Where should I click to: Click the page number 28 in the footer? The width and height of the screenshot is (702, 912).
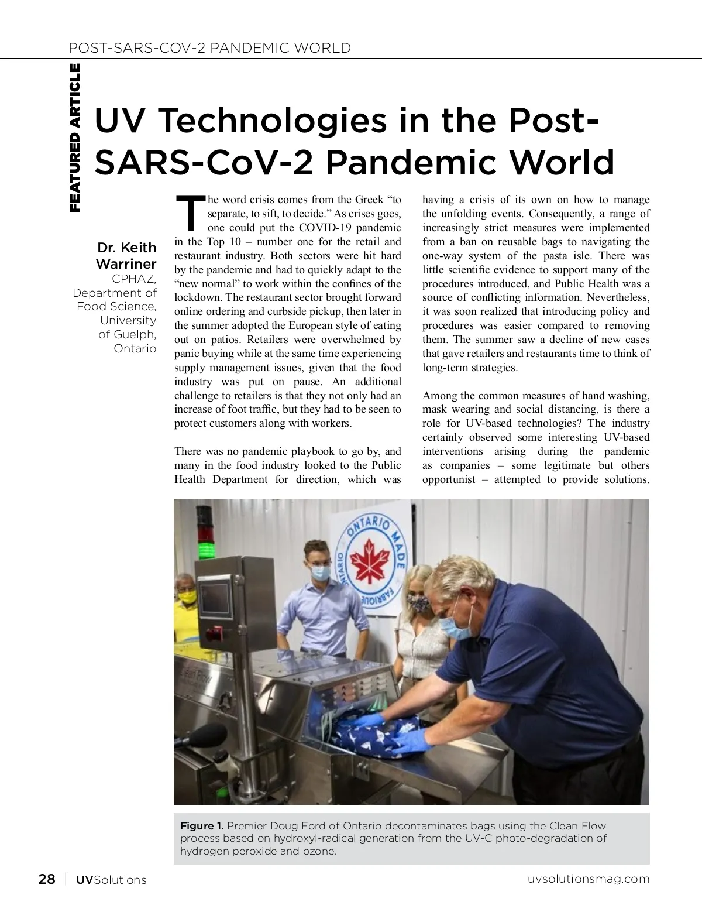[x=47, y=879]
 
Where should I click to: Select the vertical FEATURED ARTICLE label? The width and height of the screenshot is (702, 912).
[x=75, y=138]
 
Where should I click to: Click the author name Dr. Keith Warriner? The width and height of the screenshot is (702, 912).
[x=126, y=255]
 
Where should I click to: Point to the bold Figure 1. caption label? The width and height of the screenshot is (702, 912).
[x=202, y=826]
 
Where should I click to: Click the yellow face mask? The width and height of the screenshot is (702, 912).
[x=187, y=597]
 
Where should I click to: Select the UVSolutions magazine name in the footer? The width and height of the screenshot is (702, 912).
[x=111, y=880]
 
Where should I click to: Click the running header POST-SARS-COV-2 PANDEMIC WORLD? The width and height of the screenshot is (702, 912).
[x=210, y=48]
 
